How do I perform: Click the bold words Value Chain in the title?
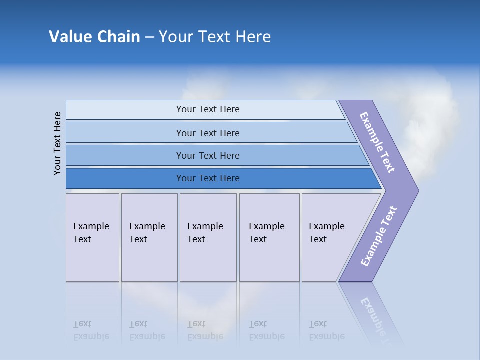click(x=94, y=36)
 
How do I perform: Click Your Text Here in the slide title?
click(x=215, y=36)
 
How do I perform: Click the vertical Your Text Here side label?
click(x=57, y=143)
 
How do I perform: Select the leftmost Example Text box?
click(x=92, y=237)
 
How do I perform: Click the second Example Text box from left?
click(x=149, y=237)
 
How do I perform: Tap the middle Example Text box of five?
click(x=208, y=237)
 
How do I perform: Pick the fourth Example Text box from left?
click(x=269, y=237)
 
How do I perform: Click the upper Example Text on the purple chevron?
click(x=377, y=142)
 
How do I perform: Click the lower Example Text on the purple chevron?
click(x=378, y=236)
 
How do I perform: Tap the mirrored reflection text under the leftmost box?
click(x=91, y=330)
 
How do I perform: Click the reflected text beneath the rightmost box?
click(x=327, y=330)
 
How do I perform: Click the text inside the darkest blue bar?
click(x=208, y=178)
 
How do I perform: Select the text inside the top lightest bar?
click(x=208, y=109)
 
